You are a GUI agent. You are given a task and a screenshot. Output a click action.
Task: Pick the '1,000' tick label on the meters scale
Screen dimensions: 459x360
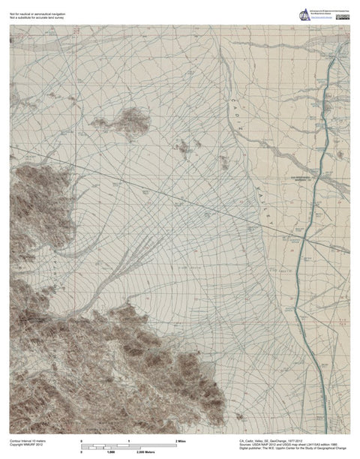click(x=109, y=453)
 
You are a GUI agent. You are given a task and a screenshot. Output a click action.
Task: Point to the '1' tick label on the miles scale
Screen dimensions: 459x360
click(x=130, y=440)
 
